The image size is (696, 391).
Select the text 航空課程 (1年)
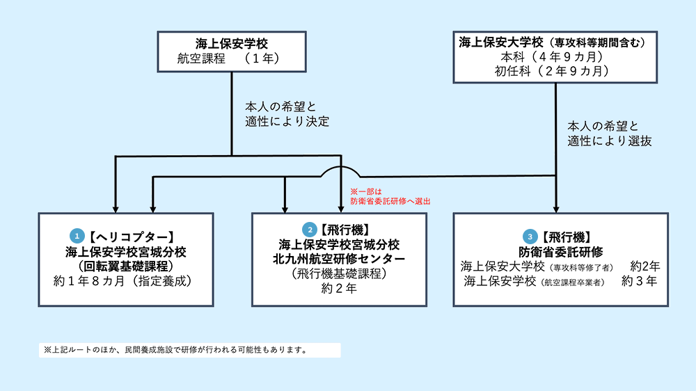click(231, 59)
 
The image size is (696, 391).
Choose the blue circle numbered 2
click(308, 229)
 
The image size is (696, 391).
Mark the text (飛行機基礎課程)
click(339, 273)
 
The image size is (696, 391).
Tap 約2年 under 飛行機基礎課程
click(339, 289)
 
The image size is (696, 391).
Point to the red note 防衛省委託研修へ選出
click(390, 201)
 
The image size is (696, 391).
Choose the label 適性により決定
click(287, 121)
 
